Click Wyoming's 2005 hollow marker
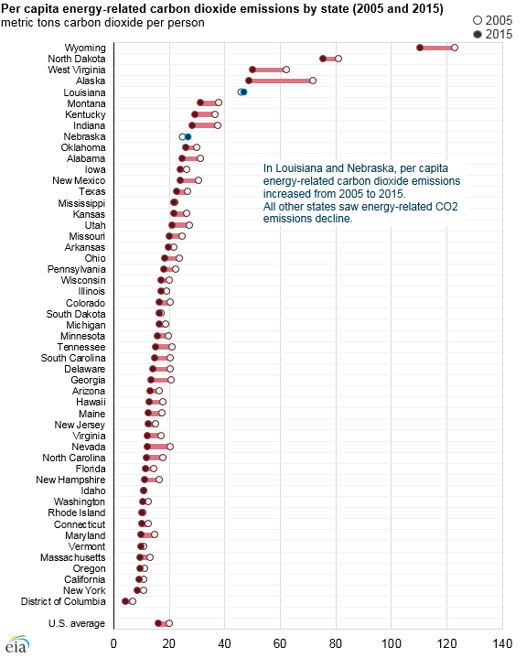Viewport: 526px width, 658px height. [x=455, y=48]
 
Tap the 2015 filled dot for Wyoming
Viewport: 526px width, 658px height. [x=420, y=48]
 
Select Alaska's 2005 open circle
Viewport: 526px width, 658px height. [x=313, y=81]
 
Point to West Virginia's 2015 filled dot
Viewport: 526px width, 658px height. [x=252, y=70]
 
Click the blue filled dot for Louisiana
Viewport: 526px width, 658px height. [x=243, y=92]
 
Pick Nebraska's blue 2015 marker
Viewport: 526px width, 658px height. [x=188, y=136]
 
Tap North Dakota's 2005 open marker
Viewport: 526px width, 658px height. [x=338, y=59]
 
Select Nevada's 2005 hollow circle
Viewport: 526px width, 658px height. [x=170, y=447]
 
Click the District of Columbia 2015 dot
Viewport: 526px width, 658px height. [x=125, y=601]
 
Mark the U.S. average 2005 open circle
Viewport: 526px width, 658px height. [x=169, y=623]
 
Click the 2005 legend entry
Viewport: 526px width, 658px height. [x=493, y=20]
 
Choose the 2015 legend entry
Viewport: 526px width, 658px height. [x=493, y=34]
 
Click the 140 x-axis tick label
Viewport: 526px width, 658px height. [x=502, y=643]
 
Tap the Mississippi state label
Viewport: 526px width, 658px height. [x=81, y=203]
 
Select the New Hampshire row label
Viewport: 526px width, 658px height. [x=70, y=480]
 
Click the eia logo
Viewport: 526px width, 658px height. [x=17, y=644]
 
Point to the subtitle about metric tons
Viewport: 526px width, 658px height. [x=102, y=23]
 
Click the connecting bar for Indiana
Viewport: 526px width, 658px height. [x=205, y=125]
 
